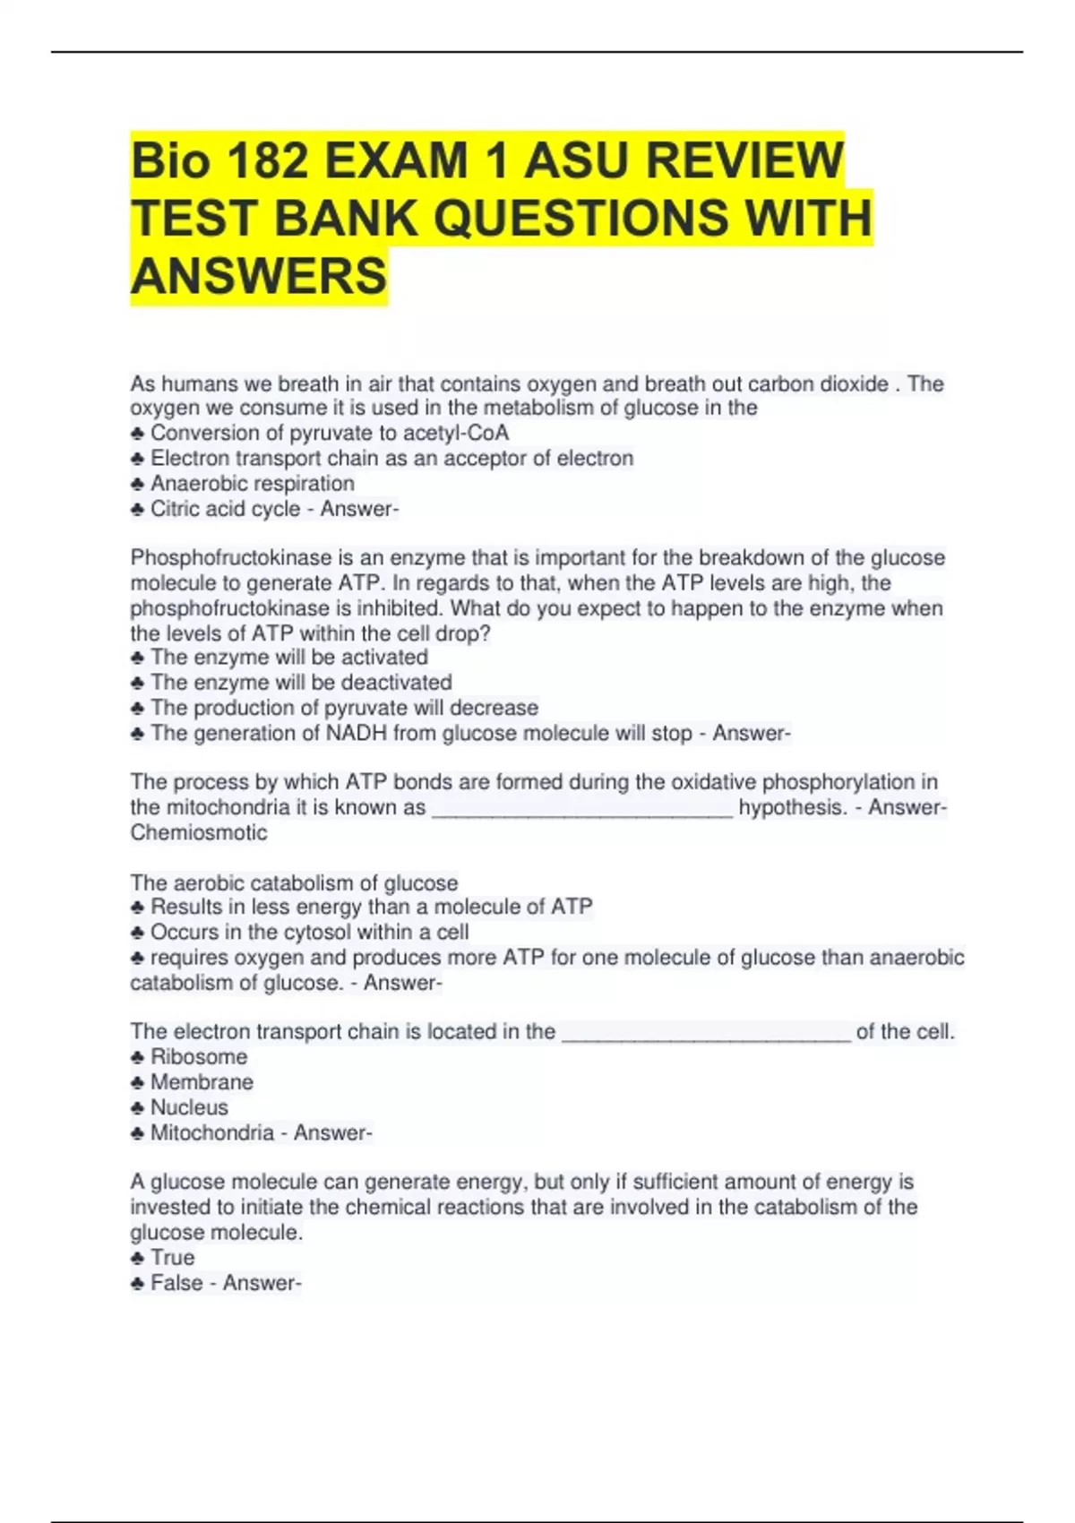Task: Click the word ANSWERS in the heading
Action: coord(259,275)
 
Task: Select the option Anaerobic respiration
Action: coord(252,484)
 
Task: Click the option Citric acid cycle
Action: coord(225,509)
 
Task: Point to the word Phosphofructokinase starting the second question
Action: coord(231,558)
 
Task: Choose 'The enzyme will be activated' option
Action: coord(288,658)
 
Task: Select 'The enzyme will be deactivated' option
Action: coord(300,683)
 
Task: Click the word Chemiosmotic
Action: coord(199,833)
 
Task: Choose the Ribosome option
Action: coord(199,1057)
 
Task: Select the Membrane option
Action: coord(202,1082)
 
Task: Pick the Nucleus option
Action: coord(189,1107)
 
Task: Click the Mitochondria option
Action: coord(211,1133)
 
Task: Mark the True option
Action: coord(172,1258)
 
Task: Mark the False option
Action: coord(176,1284)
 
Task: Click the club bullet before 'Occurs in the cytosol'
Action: coord(137,933)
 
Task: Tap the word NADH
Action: coord(354,734)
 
